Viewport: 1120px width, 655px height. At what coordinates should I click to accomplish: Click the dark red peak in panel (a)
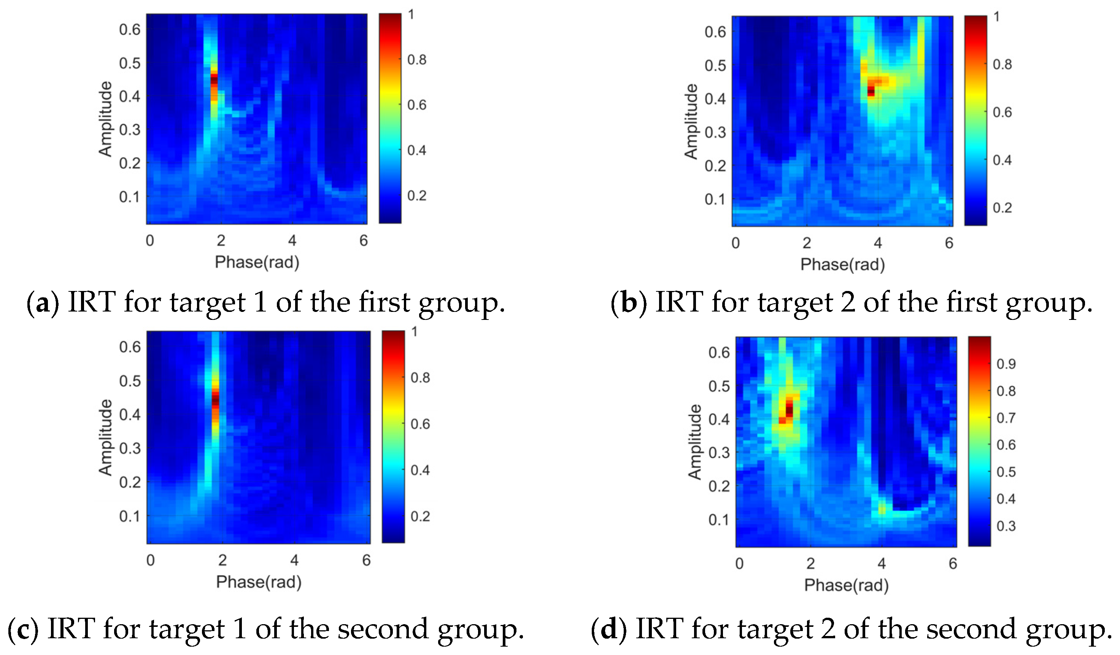coord(214,80)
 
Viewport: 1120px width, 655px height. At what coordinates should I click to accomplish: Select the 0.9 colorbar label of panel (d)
coord(1006,364)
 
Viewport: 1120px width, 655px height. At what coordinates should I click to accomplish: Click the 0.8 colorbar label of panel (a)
coord(417,60)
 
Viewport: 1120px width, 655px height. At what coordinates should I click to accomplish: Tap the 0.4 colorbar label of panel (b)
coord(1002,160)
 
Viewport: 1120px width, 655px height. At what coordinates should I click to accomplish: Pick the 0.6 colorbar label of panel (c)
coord(420,424)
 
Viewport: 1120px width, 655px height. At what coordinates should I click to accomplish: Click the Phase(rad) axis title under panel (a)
coord(257,262)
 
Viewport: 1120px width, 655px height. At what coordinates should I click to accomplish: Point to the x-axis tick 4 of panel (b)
coord(878,243)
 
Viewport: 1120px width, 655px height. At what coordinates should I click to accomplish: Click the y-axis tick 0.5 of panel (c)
coord(130,381)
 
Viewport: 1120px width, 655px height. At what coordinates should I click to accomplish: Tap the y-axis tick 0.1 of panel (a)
coord(129,197)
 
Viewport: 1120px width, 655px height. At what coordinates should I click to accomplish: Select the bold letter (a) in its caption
coord(43,303)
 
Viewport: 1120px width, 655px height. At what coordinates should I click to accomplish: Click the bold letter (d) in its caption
coord(608,630)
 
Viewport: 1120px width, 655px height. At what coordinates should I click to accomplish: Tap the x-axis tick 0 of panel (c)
coord(151,560)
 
